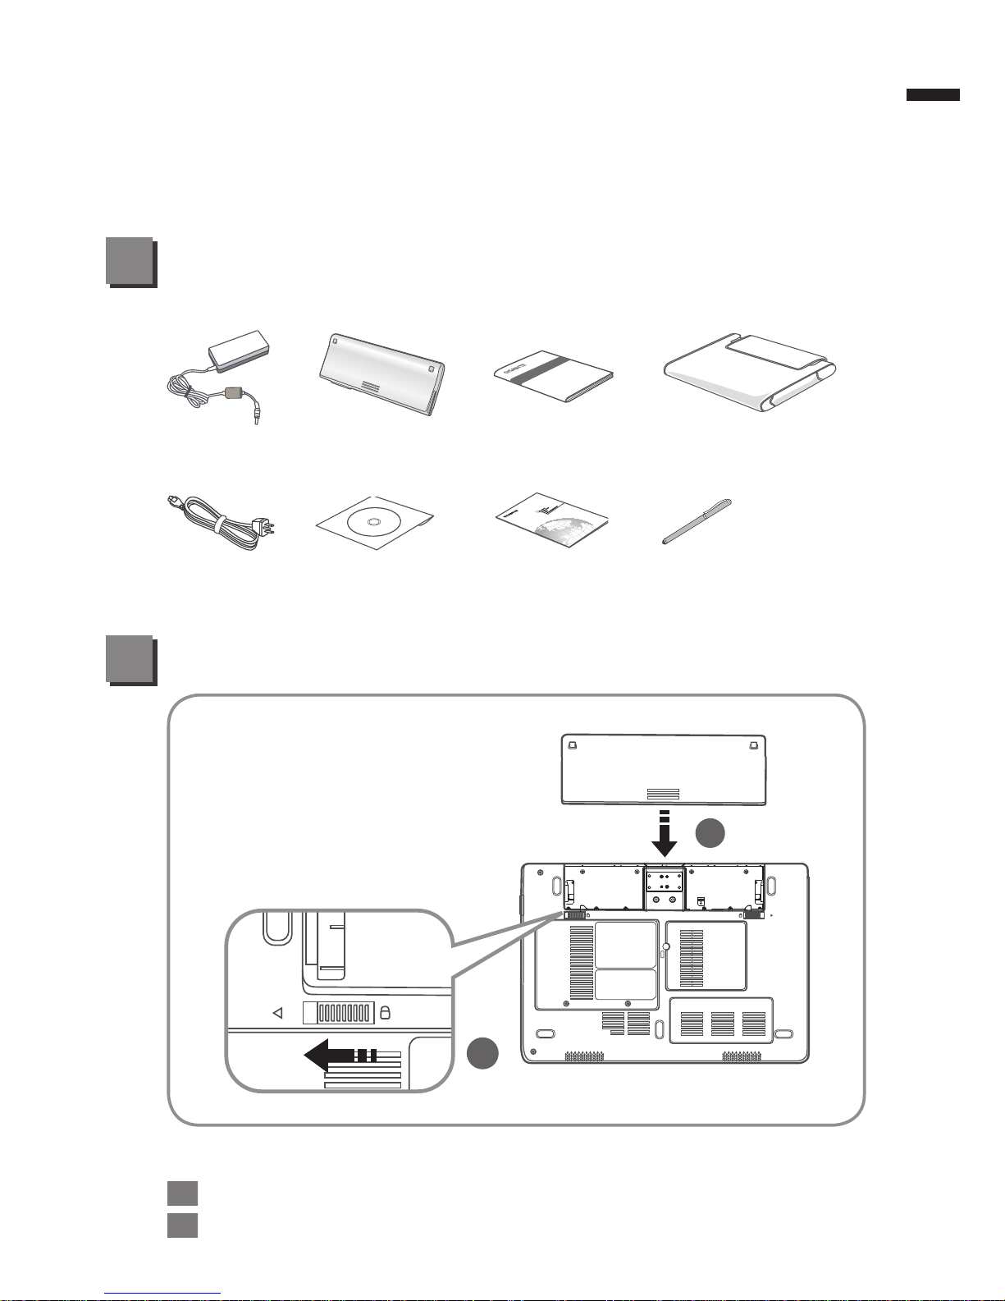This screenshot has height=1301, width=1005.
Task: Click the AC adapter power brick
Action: (x=239, y=355)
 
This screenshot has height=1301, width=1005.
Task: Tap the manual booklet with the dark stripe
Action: (x=554, y=377)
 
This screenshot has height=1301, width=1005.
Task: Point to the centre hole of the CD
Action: (x=373, y=522)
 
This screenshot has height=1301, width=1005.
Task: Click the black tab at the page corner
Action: (x=933, y=94)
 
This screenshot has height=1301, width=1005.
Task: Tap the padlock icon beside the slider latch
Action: (x=386, y=1013)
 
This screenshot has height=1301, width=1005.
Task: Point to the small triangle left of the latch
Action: (x=277, y=1014)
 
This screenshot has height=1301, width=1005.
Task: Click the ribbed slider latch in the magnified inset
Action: (x=339, y=1013)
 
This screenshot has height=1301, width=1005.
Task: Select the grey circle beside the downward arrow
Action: (x=710, y=832)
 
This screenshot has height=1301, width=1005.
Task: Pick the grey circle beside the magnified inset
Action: (x=483, y=1053)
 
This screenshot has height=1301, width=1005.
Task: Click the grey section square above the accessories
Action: (x=130, y=261)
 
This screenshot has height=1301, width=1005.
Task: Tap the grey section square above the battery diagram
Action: (x=130, y=659)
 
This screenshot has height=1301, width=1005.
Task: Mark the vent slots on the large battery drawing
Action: (x=663, y=794)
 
